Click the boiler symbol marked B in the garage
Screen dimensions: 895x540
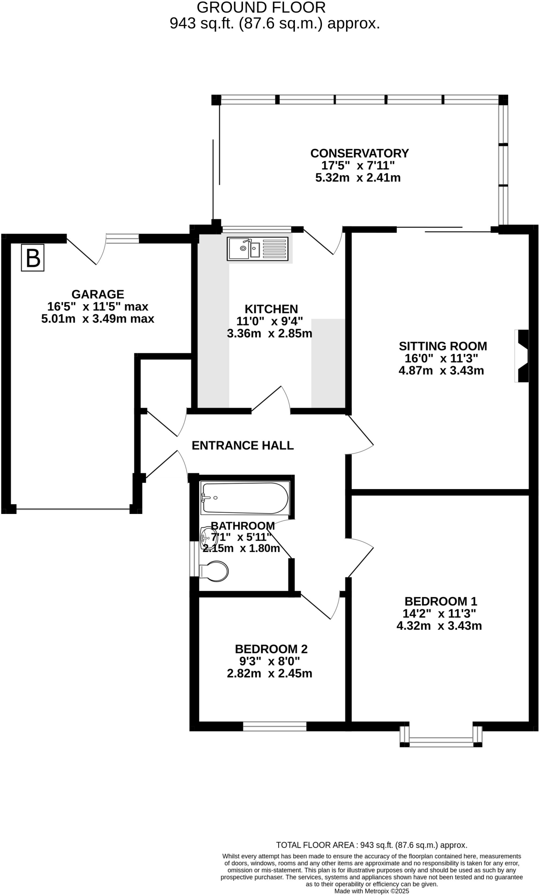click(x=33, y=258)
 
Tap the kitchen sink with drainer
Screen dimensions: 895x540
click(x=258, y=249)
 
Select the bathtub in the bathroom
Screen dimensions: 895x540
click(x=245, y=498)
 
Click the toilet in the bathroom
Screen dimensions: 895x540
click(x=214, y=571)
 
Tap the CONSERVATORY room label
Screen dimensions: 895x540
click(x=359, y=153)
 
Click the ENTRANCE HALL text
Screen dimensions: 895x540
click(x=242, y=445)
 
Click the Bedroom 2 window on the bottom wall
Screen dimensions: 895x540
click(x=274, y=726)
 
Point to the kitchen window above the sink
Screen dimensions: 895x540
click(x=256, y=229)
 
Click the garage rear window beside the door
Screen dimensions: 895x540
click(x=123, y=238)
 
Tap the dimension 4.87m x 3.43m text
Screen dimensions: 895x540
click(x=441, y=371)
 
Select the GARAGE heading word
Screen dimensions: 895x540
click(x=98, y=294)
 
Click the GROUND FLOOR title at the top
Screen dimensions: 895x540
click(x=261, y=7)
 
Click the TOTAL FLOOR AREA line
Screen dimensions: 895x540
click(x=371, y=845)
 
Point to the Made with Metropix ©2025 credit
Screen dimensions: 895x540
click(x=371, y=891)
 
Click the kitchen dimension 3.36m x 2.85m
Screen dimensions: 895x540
click(x=270, y=334)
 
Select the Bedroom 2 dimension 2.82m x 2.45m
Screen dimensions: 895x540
click(x=270, y=673)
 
